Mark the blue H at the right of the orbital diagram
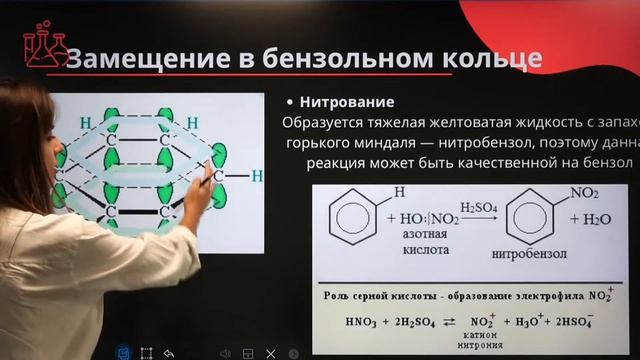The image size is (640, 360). (257, 176)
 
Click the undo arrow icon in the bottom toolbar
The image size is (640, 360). (169, 353)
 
